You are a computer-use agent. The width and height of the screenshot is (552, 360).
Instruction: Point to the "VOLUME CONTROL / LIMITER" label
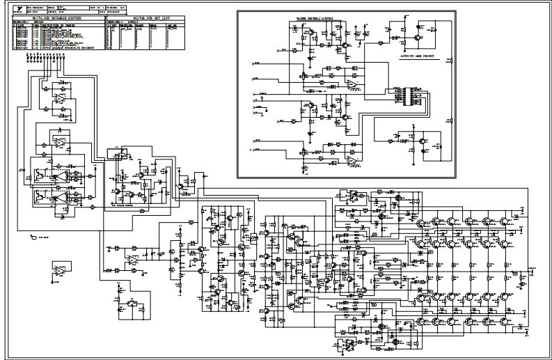tap(315, 19)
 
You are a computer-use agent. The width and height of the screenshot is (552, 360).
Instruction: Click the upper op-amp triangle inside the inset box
tap(351, 84)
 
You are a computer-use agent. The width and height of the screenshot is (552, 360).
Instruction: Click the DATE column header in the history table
tap(20, 25)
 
